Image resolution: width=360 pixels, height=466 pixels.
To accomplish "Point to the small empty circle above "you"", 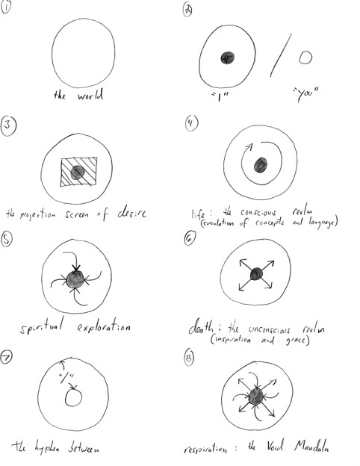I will (305, 57).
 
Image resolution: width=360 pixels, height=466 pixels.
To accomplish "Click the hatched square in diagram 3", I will (75, 172).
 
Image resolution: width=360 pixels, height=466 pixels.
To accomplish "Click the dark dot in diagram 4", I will (260, 166).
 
